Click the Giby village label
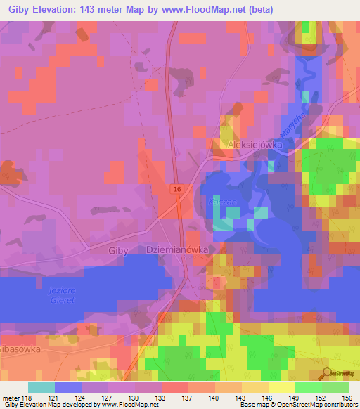(119, 249)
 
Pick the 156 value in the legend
(348, 398)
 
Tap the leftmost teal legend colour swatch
(41, 387)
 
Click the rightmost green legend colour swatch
(335, 387)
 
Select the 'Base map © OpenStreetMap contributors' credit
(296, 405)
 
